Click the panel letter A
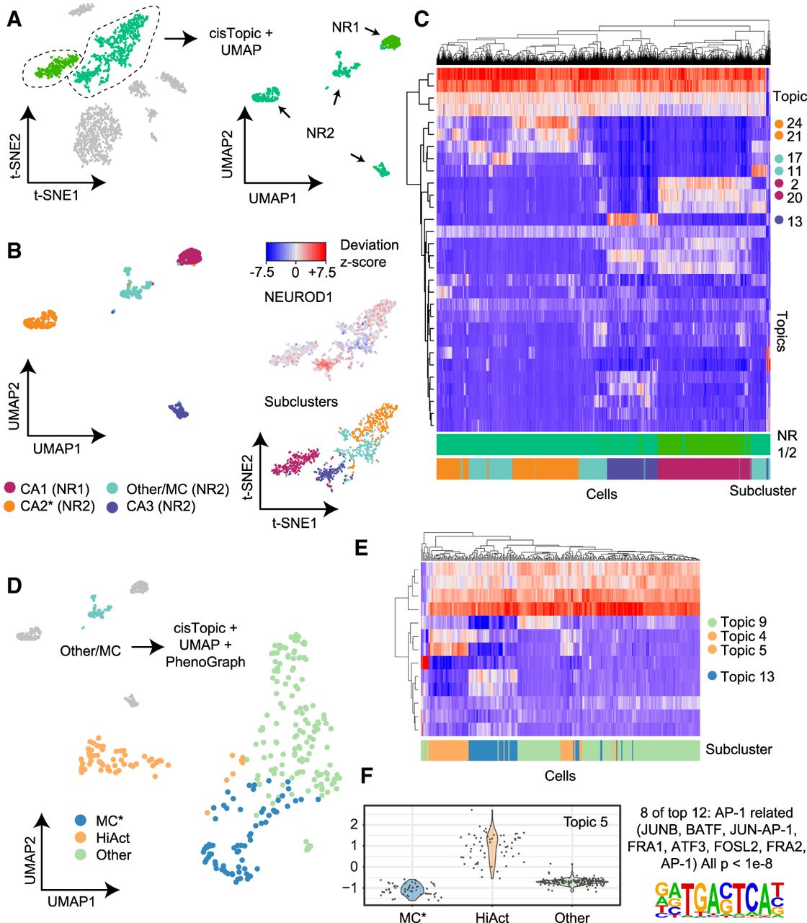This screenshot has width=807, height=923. pyautogui.click(x=14, y=20)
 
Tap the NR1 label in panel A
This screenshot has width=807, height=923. pyautogui.click(x=346, y=27)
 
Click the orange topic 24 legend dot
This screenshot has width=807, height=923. pyautogui.click(x=778, y=124)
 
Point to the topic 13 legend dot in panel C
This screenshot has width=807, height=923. pyautogui.click(x=779, y=221)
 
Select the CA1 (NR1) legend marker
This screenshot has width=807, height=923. pyautogui.click(x=10, y=489)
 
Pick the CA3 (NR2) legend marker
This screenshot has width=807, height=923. pyautogui.click(x=116, y=507)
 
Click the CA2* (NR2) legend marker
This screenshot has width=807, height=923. pyautogui.click(x=10, y=507)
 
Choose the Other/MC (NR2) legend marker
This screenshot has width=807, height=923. pyautogui.click(x=116, y=489)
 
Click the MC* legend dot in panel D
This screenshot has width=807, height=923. pyautogui.click(x=81, y=821)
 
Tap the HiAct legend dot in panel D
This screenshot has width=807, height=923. pyautogui.click(x=81, y=838)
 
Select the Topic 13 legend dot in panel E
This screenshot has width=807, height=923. pyautogui.click(x=712, y=676)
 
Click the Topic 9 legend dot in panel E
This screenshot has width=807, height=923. pyautogui.click(x=712, y=622)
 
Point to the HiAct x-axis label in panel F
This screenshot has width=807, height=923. pyautogui.click(x=492, y=917)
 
